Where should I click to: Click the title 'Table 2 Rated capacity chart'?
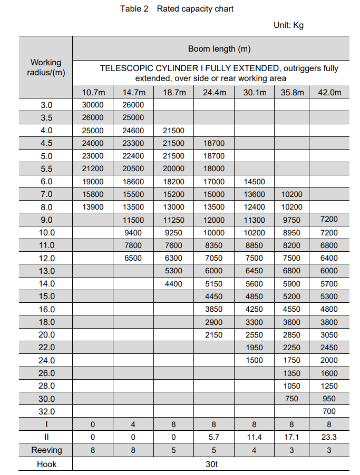pos(177,9)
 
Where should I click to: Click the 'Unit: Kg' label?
pos(288,25)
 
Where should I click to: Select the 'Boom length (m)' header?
pos(219,49)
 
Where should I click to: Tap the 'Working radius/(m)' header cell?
pos(46,67)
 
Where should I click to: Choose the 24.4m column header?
pos(214,93)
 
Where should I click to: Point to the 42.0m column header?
pos(329,93)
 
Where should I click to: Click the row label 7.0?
pos(46,194)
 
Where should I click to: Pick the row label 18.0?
pos(46,322)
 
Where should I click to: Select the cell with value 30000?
pos(93,105)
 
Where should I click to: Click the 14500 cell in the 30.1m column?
pos(254,182)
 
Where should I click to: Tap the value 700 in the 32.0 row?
pos(329,411)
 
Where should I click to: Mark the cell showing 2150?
pos(213,335)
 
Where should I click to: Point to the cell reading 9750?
pos(291,220)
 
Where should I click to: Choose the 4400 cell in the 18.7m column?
pos(173,284)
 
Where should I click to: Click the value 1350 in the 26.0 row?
pos(291,373)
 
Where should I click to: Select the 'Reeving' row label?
pos(46,450)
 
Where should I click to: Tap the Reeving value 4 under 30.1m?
pos(254,450)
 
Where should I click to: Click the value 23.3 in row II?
pos(329,437)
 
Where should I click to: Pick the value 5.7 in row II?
pos(213,437)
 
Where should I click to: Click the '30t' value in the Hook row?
pos(211,464)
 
